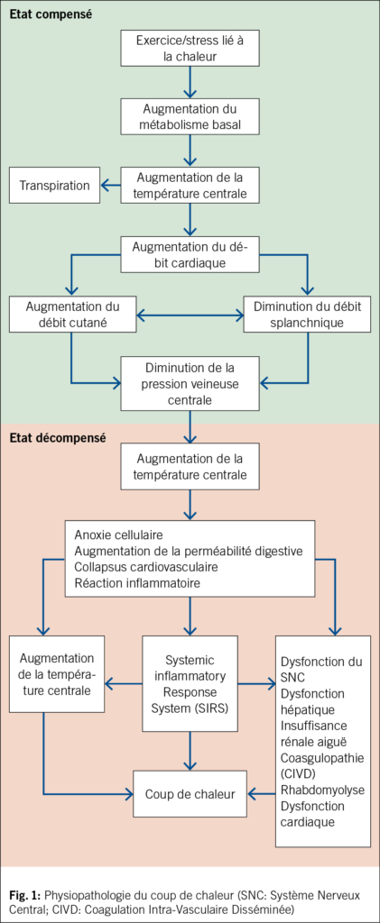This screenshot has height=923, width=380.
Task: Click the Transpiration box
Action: point(54,186)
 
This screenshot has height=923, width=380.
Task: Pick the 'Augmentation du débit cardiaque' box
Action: point(190,253)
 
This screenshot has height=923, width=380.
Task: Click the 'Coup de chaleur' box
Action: point(190,794)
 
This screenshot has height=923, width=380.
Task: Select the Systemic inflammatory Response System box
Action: point(190,684)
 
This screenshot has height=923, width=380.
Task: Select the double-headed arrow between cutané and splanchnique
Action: point(190,315)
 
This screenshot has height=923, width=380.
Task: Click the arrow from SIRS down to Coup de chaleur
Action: point(190,752)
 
